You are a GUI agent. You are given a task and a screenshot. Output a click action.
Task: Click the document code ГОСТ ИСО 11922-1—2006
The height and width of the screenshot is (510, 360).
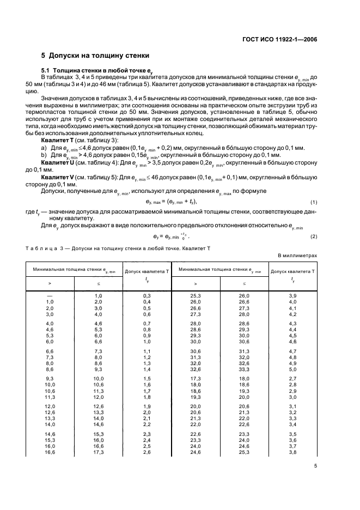click(x=279, y=39)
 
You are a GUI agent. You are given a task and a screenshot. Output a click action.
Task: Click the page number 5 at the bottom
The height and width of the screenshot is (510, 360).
click(x=316, y=466)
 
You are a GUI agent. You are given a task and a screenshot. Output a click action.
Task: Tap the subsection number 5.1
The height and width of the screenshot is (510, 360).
click(x=46, y=71)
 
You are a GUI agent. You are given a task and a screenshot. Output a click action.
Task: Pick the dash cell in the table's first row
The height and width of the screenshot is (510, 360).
click(x=50, y=295)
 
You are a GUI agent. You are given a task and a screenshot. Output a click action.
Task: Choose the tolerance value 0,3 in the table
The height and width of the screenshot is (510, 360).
click(x=147, y=295)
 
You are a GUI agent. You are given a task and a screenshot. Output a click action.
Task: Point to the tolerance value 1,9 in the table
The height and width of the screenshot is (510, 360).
click(x=147, y=406)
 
